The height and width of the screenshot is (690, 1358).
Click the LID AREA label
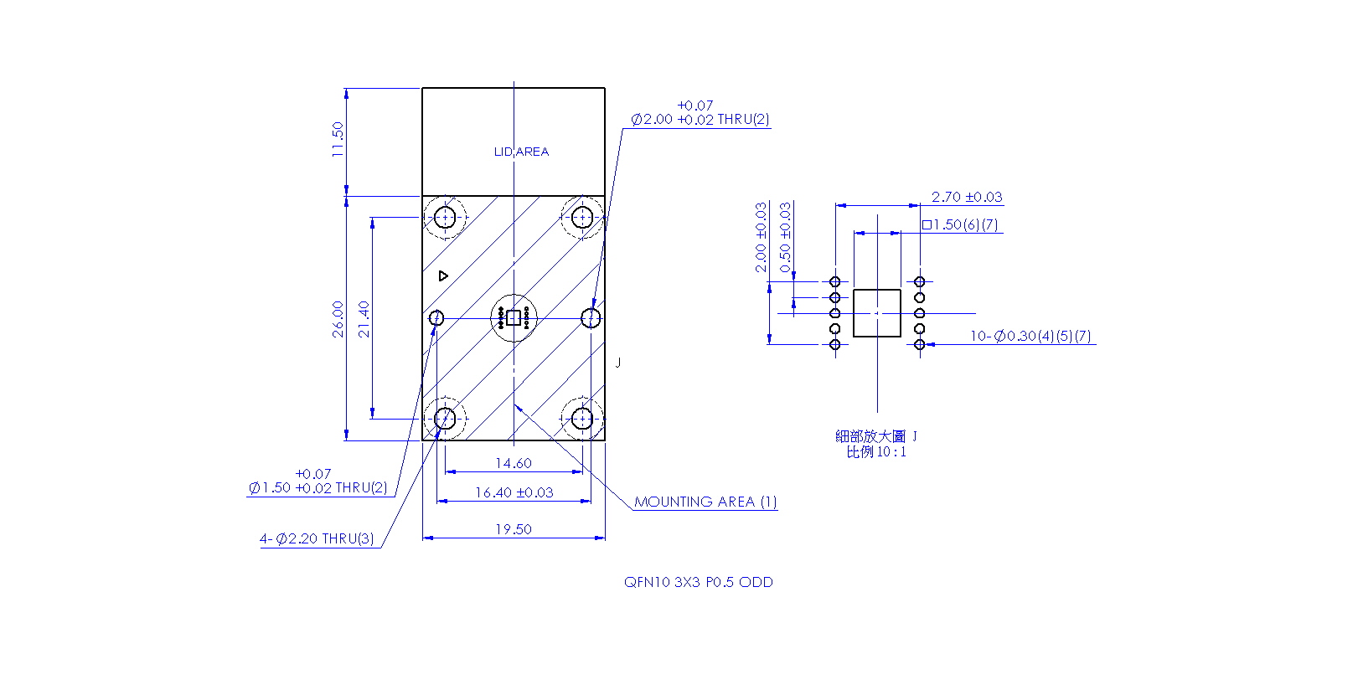coord(521,152)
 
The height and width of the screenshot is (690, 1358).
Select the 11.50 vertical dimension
coord(338,139)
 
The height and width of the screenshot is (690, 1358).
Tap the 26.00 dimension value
coord(338,319)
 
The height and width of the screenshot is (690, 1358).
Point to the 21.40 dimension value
coord(364,319)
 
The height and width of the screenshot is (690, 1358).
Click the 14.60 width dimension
coord(514,463)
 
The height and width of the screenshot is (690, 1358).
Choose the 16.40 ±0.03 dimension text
coord(514,492)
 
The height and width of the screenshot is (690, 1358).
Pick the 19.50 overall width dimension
coord(514,529)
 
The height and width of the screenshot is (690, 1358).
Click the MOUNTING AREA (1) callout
coord(705,502)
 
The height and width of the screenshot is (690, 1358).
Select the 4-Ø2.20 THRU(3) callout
coord(317,538)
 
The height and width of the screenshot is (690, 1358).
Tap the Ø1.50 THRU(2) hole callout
coord(318,481)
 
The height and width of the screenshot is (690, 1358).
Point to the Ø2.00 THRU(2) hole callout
coord(700,113)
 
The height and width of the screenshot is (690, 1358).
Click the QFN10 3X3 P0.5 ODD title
coord(699,582)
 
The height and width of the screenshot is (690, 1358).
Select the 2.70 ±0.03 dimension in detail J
coord(967,197)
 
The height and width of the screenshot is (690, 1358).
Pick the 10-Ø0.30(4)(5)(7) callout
coord(1030,336)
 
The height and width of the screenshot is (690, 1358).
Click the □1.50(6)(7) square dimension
coord(960,224)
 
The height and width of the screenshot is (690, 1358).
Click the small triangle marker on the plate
coord(443,276)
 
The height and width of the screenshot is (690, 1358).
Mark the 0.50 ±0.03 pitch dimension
coord(785,238)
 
